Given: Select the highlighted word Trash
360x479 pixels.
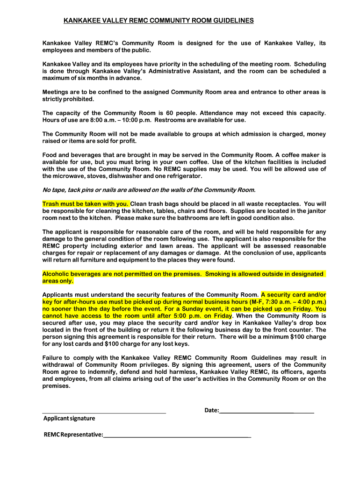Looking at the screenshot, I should point(51,204).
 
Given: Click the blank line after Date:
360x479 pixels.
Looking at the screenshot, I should point(266,411).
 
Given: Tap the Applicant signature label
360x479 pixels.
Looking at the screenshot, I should point(69,418).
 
